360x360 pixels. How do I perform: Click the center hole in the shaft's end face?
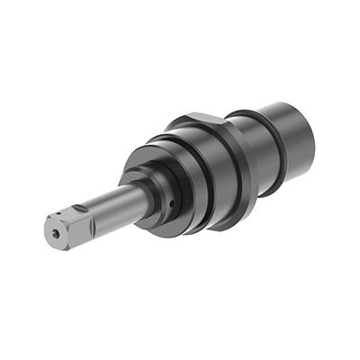(x=57, y=232)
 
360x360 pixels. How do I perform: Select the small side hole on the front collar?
(x=171, y=203)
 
